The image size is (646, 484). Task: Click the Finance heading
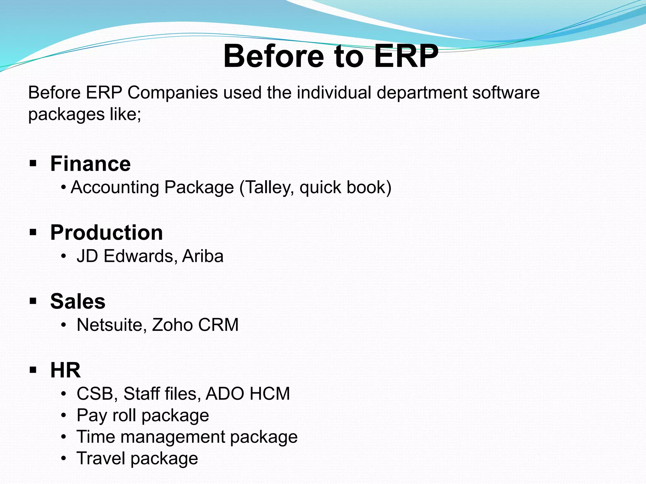(90, 164)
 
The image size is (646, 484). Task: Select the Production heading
(106, 233)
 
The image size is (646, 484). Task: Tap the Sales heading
(78, 302)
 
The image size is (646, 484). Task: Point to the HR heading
(65, 370)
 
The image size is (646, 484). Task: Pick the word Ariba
(203, 256)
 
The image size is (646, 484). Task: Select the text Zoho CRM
(195, 325)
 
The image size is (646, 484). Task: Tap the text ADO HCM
(248, 394)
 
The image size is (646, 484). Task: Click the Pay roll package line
(143, 416)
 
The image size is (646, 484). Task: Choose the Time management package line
(187, 437)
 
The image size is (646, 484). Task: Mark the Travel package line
(137, 458)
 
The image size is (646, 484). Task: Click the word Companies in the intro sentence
(173, 93)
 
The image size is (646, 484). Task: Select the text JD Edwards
(125, 256)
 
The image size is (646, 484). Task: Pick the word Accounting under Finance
(115, 188)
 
